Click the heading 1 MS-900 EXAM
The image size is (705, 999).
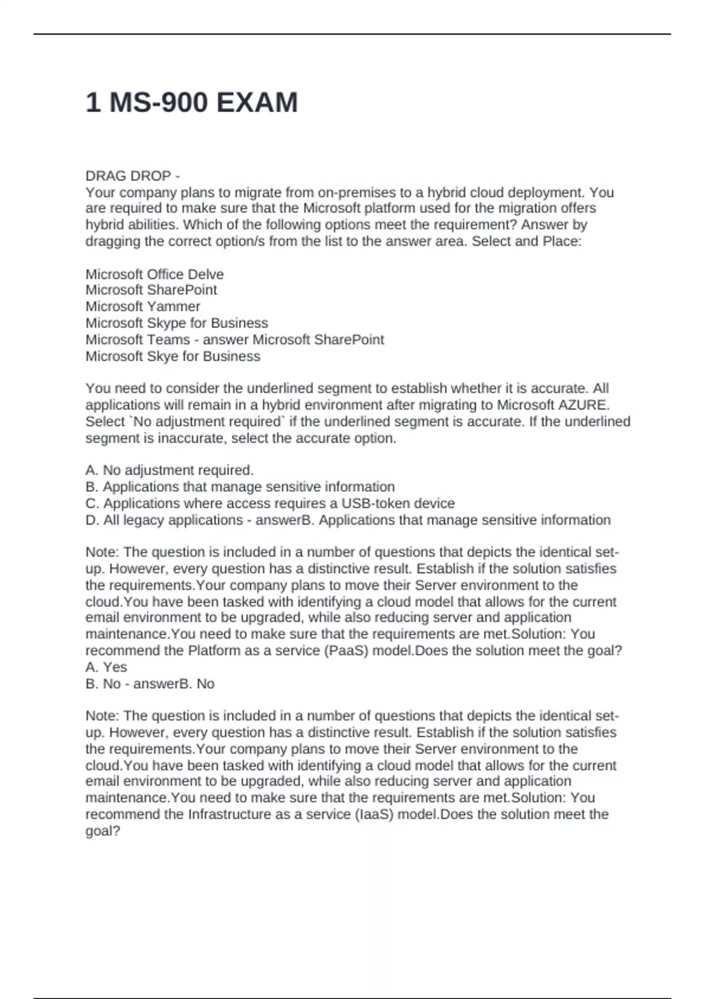click(192, 103)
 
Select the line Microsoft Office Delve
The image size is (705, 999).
click(155, 274)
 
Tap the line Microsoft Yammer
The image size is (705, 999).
click(143, 307)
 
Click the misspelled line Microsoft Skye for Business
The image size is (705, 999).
click(173, 357)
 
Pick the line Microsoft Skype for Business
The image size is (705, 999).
click(176, 323)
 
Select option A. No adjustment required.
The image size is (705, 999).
click(169, 471)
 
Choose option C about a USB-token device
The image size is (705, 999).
click(270, 504)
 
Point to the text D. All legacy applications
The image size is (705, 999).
click(164, 520)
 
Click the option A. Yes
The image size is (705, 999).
click(106, 668)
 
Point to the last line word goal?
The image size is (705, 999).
click(103, 832)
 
